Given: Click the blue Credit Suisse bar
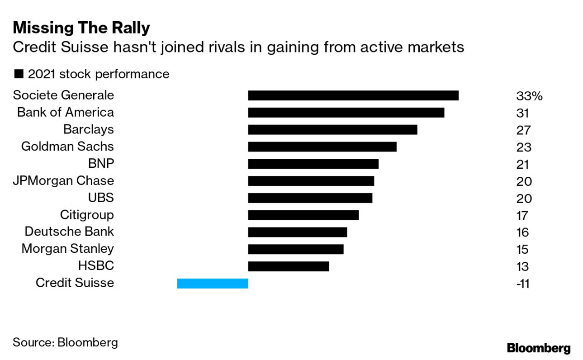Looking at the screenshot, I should (x=213, y=284).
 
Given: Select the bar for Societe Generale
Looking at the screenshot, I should (x=353, y=95).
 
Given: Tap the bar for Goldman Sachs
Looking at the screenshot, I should (x=322, y=147).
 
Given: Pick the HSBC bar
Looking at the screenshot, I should (x=289, y=266).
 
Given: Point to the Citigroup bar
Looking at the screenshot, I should (x=303, y=215).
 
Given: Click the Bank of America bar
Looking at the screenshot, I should (x=346, y=113).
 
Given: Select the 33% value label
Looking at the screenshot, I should (x=529, y=96).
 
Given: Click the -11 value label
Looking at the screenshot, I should (x=522, y=284).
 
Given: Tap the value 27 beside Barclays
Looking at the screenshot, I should (x=522, y=130).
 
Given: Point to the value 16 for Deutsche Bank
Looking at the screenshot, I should (x=522, y=232).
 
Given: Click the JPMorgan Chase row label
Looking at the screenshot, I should (x=63, y=181).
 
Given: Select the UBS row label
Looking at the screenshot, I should (x=101, y=198).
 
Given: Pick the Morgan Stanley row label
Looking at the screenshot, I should (x=67, y=249).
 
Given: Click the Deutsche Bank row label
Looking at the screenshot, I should (x=69, y=232).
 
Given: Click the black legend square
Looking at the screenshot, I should (x=19, y=74).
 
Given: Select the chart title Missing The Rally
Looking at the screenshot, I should (x=81, y=28).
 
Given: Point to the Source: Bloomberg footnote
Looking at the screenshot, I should (x=65, y=342).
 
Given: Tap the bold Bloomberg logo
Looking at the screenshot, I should (x=538, y=348).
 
